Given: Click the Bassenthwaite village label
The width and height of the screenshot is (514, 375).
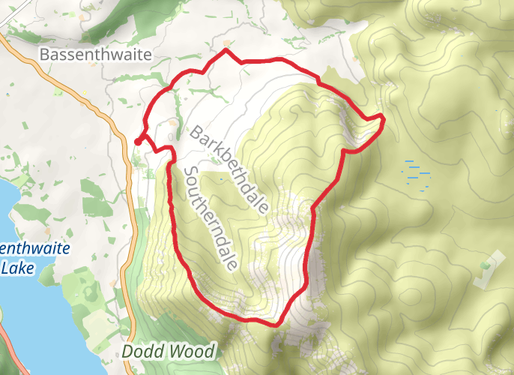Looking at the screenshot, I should tap(95, 55).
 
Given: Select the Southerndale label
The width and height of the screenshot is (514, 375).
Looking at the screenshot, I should tap(211, 218).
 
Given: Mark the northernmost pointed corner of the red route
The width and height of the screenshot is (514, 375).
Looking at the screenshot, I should tap(226, 50).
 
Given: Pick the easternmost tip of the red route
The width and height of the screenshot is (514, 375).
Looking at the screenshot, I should tap(384, 116).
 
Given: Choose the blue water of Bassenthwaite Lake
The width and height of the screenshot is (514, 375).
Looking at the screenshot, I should tap(19, 315).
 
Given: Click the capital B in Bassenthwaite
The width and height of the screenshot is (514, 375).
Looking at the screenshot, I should tap(43, 55).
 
